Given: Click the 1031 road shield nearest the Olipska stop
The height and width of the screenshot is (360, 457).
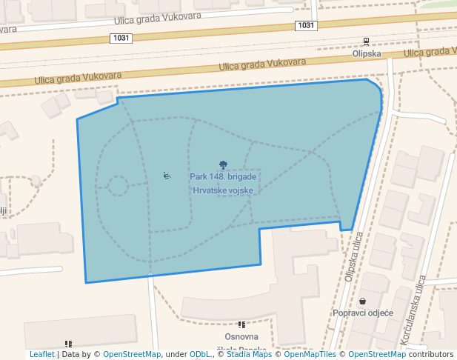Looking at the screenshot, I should click(306, 25).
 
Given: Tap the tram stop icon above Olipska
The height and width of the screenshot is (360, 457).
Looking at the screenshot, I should click(366, 42).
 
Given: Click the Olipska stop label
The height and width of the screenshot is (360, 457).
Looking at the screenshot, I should click(366, 53).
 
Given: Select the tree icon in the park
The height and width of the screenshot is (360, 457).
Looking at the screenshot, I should click(223, 165).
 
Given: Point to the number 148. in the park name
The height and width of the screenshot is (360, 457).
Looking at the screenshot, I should click(221, 177).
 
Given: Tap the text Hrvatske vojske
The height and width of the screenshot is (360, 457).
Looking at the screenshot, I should click(223, 190).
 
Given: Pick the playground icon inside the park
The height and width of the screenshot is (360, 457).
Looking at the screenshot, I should click(167, 176).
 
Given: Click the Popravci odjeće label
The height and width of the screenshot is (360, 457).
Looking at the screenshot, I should click(362, 313).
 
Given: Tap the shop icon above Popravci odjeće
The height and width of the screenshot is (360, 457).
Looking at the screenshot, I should click(362, 301).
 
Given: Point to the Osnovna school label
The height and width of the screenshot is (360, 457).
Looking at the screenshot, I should click(241, 337).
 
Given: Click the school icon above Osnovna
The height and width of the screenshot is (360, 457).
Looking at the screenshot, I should click(241, 324).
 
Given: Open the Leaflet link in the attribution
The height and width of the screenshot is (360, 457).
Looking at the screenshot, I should click(41, 354).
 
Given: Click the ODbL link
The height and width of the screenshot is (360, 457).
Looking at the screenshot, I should click(199, 354).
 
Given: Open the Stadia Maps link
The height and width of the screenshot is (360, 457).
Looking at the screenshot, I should click(249, 354).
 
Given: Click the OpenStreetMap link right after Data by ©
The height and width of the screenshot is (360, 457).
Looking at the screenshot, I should click(132, 354).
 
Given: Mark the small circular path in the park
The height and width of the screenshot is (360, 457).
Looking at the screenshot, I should click(117, 185).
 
